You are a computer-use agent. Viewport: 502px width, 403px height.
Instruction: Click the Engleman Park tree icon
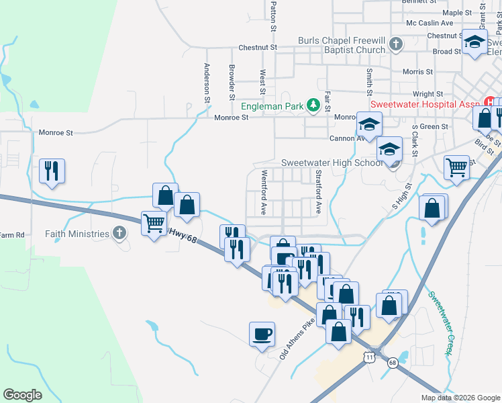tap(313, 105)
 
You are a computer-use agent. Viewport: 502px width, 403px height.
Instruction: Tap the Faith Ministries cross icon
tap(119, 233)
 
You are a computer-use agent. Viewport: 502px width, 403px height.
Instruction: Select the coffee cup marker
tap(262, 334)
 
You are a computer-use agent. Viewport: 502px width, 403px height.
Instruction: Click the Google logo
tap(23, 395)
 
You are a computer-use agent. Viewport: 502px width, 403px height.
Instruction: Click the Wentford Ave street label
tap(264, 191)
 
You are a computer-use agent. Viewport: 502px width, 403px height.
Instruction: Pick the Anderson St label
tap(207, 83)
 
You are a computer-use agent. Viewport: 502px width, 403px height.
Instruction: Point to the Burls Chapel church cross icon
tap(396, 45)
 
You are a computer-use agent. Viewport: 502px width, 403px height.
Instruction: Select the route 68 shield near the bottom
tap(393, 363)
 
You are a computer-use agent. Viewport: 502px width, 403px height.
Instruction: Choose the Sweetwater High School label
tap(332, 163)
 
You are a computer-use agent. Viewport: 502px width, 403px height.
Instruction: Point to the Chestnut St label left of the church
tap(258, 48)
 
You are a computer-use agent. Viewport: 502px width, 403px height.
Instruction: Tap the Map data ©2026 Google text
tap(460, 398)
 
